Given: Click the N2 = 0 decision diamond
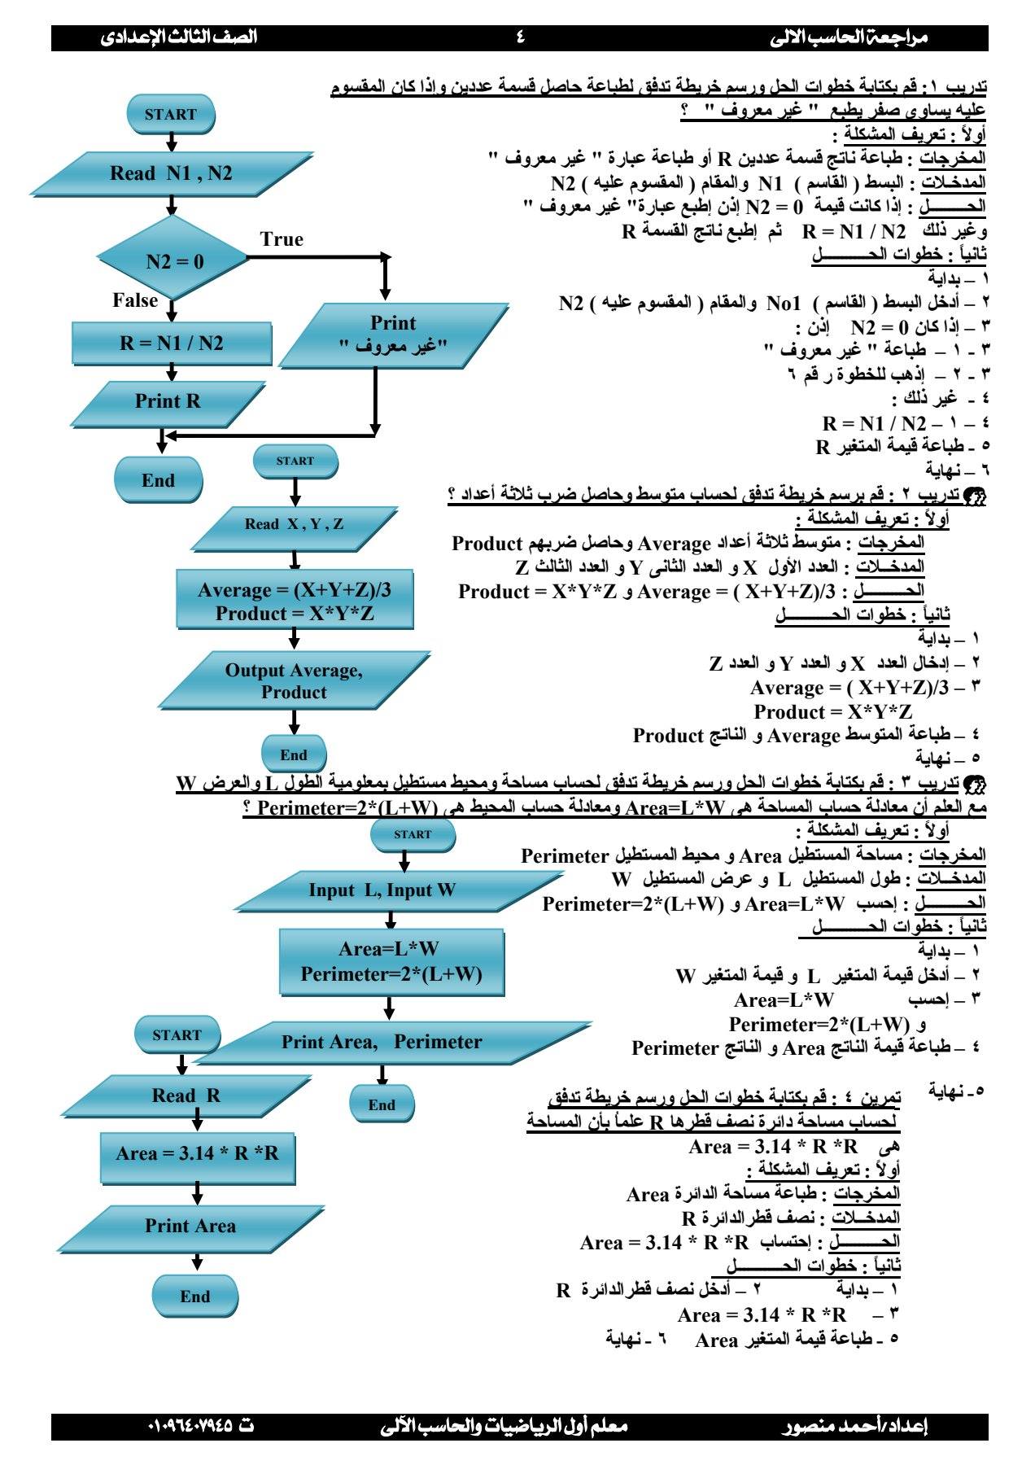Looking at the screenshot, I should pyautogui.click(x=174, y=260).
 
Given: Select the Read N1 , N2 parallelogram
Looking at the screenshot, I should pyautogui.click(x=171, y=173).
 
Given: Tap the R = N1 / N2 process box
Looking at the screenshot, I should pyautogui.click(x=172, y=343).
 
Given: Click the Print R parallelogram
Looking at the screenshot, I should pyautogui.click(x=168, y=401).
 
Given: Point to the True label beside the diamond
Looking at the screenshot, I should pyautogui.click(x=282, y=239).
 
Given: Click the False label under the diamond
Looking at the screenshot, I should pyautogui.click(x=135, y=300).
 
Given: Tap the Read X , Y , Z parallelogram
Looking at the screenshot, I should pyautogui.click(x=294, y=524).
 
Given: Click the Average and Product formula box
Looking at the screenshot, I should pyautogui.click(x=295, y=601).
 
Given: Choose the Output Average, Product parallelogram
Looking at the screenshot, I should pyautogui.click(x=294, y=681).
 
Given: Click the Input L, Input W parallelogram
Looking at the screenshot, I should pyautogui.click(x=382, y=890).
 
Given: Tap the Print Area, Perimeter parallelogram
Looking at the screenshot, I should pyautogui.click(x=382, y=1042).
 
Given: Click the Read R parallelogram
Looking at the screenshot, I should pyautogui.click(x=186, y=1095).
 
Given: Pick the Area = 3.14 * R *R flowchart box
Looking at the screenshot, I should pyautogui.click(x=197, y=1153).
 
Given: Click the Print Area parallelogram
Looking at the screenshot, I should pyautogui.click(x=190, y=1226).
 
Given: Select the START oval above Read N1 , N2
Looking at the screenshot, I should pyautogui.click(x=171, y=115).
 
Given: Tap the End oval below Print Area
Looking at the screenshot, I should pyautogui.click(x=195, y=1297).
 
